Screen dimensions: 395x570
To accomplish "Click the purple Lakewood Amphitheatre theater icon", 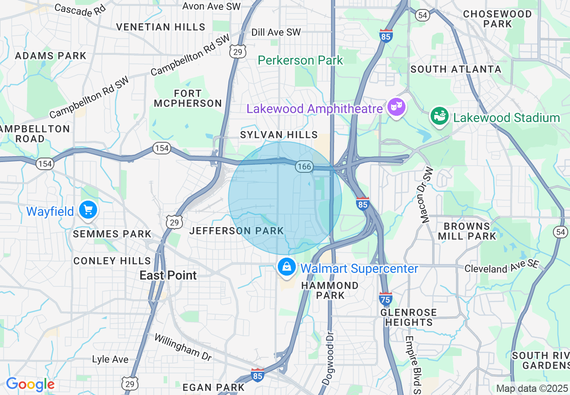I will click(396, 107).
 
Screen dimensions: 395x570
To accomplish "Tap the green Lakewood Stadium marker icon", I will click(439, 117).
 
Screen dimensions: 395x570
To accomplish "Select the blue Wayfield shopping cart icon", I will click(88, 210).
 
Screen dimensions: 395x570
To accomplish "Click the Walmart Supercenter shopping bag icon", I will click(286, 268).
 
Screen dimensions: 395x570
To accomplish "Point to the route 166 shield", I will click(304, 167).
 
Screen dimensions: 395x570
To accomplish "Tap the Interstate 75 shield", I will click(385, 298).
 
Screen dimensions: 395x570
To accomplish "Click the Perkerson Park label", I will click(301, 60).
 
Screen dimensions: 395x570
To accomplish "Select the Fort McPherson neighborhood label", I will click(188, 98).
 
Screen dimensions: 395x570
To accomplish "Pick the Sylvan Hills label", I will click(279, 135).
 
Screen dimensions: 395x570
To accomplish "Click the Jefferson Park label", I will click(236, 231).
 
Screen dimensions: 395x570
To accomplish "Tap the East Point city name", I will click(168, 275).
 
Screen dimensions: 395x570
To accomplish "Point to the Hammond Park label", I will click(330, 290).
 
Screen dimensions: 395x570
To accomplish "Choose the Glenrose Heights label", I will click(409, 317).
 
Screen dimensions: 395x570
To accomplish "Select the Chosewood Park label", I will click(498, 19).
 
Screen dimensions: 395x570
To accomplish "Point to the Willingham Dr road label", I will click(183, 347).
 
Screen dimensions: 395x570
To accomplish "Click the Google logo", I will click(30, 384).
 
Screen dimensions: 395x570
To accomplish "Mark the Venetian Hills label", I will click(160, 27).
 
